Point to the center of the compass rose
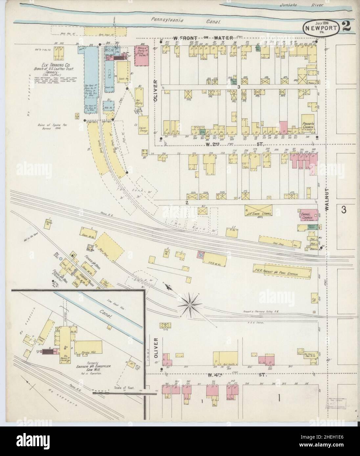(x=190, y=304)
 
